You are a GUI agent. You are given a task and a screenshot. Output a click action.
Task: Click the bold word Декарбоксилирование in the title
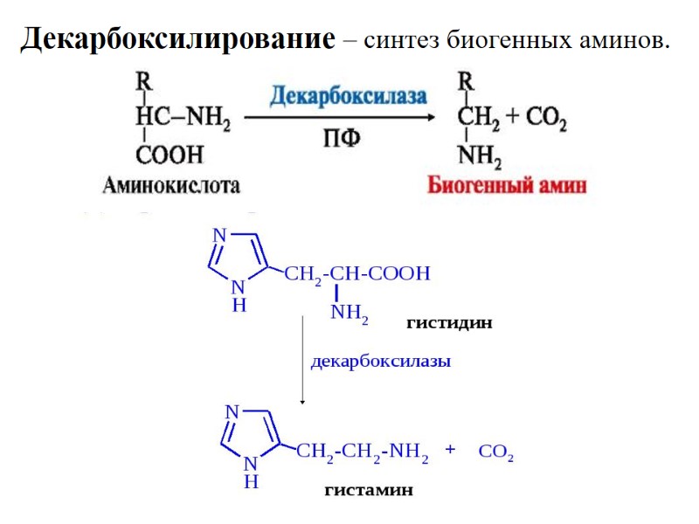pyautogui.click(x=177, y=39)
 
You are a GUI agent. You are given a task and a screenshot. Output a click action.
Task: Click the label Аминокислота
pyautogui.click(x=171, y=185)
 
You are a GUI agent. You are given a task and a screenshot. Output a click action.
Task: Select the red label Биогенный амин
pyautogui.click(x=507, y=185)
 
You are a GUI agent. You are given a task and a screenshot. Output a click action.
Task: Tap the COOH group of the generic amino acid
pyautogui.click(x=169, y=155)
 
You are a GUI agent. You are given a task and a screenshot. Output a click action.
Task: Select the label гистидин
pyautogui.click(x=449, y=323)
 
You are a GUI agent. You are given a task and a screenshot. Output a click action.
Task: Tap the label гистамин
pyautogui.click(x=368, y=490)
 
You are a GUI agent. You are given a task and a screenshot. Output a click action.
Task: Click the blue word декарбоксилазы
pyautogui.click(x=381, y=361)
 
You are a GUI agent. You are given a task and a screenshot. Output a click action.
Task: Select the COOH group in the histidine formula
pyautogui.click(x=400, y=273)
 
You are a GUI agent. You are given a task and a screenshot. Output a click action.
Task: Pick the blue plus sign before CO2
pyautogui.click(x=451, y=450)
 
